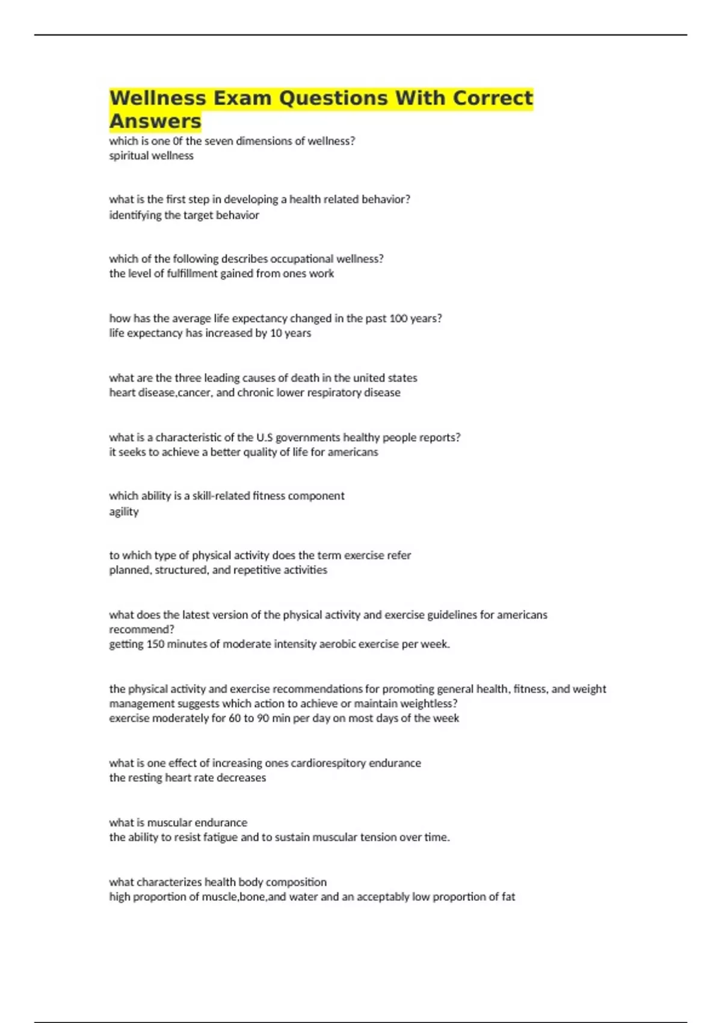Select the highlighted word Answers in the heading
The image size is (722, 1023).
point(155,121)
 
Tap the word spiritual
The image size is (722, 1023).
point(129,156)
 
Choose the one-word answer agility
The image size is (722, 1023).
point(124,512)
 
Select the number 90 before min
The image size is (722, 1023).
point(264,718)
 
